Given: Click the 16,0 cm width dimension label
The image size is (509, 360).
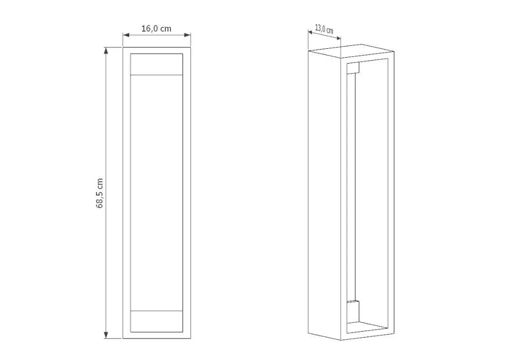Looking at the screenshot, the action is (156, 28).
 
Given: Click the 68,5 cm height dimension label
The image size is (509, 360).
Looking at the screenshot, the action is (100, 193).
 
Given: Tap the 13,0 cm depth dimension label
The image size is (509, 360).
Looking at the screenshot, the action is (324, 29).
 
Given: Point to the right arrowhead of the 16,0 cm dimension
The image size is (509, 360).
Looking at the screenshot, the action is (187, 35).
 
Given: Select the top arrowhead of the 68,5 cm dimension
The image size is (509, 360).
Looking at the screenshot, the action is (106, 50).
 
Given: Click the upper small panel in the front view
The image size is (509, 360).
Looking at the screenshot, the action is (157, 64).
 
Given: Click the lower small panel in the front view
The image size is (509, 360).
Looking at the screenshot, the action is (157, 321).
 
